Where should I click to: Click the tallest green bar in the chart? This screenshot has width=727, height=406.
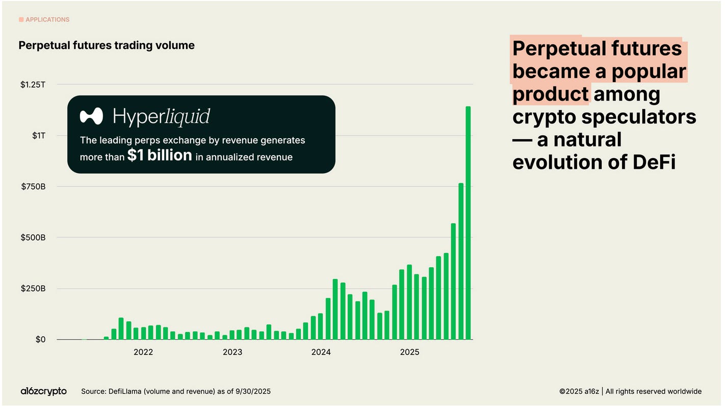(468, 223)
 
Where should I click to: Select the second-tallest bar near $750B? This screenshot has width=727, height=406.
(461, 261)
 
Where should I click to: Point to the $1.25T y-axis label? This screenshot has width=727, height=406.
(33, 85)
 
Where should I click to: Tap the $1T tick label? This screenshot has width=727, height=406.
(39, 136)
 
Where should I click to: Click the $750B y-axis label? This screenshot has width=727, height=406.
(33, 187)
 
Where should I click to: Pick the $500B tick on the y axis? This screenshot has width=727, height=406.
(33, 238)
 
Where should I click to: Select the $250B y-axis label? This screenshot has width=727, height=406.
(33, 288)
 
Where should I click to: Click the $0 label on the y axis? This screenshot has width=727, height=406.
(41, 339)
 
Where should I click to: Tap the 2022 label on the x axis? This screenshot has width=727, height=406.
(143, 352)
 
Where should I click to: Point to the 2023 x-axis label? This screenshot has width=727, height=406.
(232, 352)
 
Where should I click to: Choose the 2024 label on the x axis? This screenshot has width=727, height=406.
(321, 352)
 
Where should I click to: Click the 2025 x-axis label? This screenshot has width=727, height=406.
(409, 352)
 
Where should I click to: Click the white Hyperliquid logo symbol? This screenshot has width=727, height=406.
(92, 116)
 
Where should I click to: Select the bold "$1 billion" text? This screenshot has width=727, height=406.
(160, 155)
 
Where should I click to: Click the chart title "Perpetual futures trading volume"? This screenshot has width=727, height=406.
(107, 45)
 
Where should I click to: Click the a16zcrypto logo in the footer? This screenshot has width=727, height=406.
(43, 391)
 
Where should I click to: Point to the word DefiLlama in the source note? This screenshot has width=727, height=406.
(124, 391)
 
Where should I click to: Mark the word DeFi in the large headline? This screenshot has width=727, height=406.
(654, 162)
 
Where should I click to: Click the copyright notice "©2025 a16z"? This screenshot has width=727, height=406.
(579, 391)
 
